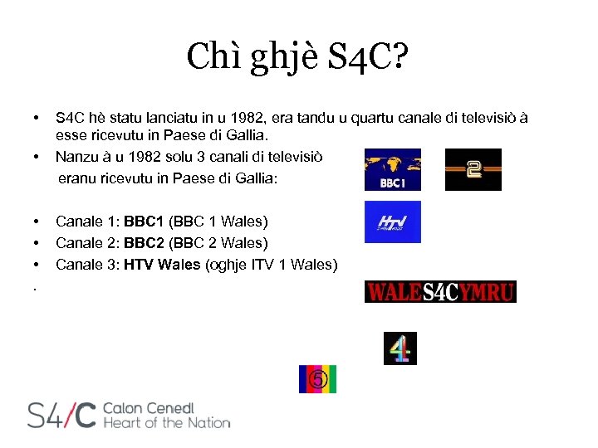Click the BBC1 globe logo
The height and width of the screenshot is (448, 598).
click(x=393, y=169)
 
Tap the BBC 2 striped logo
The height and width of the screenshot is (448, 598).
click(x=473, y=169)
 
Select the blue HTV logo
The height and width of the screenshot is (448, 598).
click(x=393, y=222)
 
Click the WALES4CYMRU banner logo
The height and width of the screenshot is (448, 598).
click(x=440, y=292)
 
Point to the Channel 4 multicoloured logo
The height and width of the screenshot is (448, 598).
click(x=400, y=348)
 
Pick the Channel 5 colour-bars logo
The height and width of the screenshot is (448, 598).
click(x=318, y=379)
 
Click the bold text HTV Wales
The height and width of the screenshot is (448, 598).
click(x=161, y=265)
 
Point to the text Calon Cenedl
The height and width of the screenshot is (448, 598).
click(x=148, y=408)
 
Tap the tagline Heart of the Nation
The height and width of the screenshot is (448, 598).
click(x=166, y=423)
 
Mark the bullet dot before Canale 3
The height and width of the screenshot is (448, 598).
click(x=37, y=265)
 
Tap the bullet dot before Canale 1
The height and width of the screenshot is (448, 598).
click(x=37, y=222)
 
